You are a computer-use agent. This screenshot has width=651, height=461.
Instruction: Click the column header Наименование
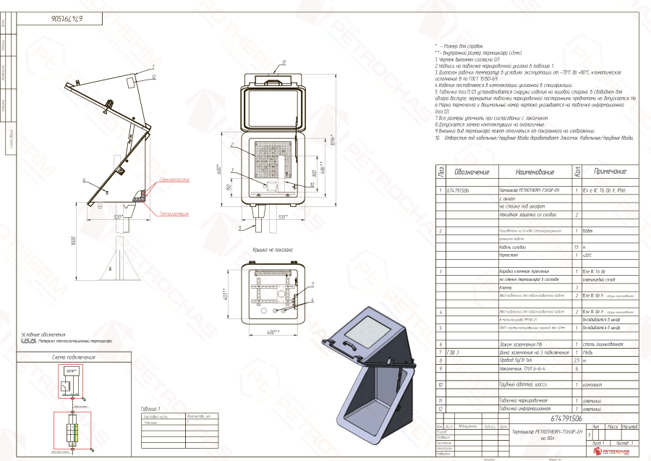coord(535,172)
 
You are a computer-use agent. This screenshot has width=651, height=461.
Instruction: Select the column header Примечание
coord(610,172)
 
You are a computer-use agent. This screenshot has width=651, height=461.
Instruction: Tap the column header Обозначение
coord(472,172)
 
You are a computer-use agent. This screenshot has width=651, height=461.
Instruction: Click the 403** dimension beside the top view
coord(225,296)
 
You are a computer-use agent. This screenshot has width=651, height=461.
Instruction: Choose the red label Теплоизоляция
coord(174,214)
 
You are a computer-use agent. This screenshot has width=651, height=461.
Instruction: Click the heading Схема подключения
coord(74,358)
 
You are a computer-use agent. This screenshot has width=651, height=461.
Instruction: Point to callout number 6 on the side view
coord(85,179)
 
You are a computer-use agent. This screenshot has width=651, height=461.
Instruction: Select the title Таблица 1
coord(151,409)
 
